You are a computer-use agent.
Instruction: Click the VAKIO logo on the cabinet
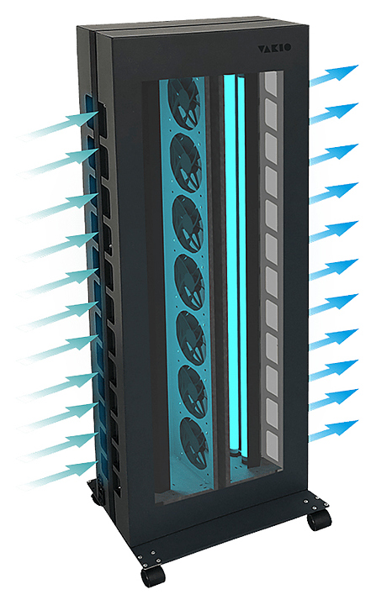[x=274, y=48]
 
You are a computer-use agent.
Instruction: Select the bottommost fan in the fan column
[x=194, y=444]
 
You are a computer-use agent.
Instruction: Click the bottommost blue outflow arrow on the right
[x=334, y=430]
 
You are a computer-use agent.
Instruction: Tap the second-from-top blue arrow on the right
[x=334, y=113]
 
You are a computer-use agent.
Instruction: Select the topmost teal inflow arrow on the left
[x=58, y=124]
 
